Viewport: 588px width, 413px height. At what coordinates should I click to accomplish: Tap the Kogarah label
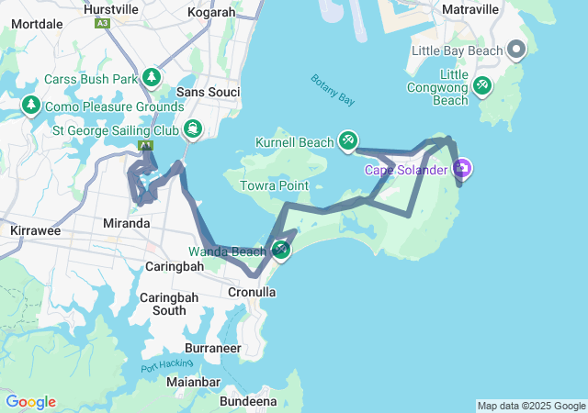(210, 12)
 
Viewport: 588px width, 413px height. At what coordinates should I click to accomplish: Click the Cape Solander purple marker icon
(462, 168)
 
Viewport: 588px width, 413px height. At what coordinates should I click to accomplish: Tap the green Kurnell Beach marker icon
(348, 140)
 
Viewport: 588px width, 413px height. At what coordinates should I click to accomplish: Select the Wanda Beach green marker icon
(281, 250)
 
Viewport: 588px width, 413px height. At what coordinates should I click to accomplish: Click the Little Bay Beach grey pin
(516, 50)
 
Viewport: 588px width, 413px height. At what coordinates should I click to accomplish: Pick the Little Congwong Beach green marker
(481, 85)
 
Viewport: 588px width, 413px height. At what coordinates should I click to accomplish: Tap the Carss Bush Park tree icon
(150, 78)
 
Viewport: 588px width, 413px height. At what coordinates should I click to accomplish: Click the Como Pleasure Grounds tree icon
(31, 106)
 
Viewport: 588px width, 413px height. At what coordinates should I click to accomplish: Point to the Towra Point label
(274, 185)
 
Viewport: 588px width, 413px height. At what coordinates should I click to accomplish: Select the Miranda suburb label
(127, 223)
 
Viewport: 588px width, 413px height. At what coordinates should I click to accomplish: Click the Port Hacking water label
(166, 364)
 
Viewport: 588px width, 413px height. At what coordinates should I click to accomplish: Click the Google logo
(30, 402)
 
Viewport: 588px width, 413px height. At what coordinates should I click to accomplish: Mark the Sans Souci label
(208, 92)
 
